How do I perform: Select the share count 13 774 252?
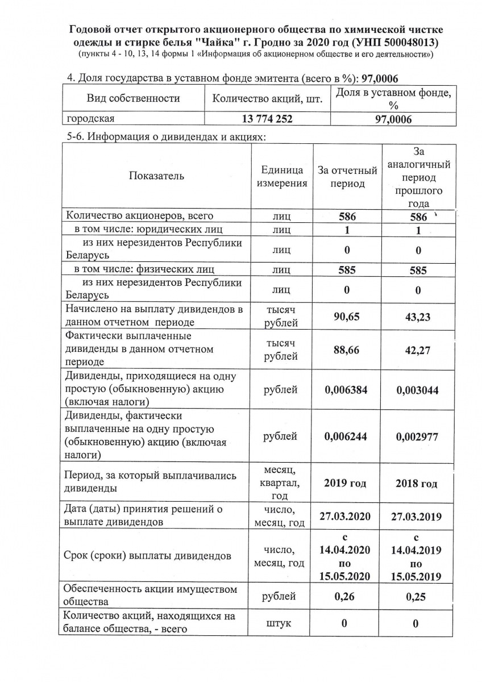click(267, 119)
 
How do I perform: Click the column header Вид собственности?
click(133, 98)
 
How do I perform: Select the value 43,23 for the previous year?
click(417, 317)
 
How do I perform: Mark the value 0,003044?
click(417, 390)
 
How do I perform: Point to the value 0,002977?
click(417, 436)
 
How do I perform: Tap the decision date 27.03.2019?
click(417, 517)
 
